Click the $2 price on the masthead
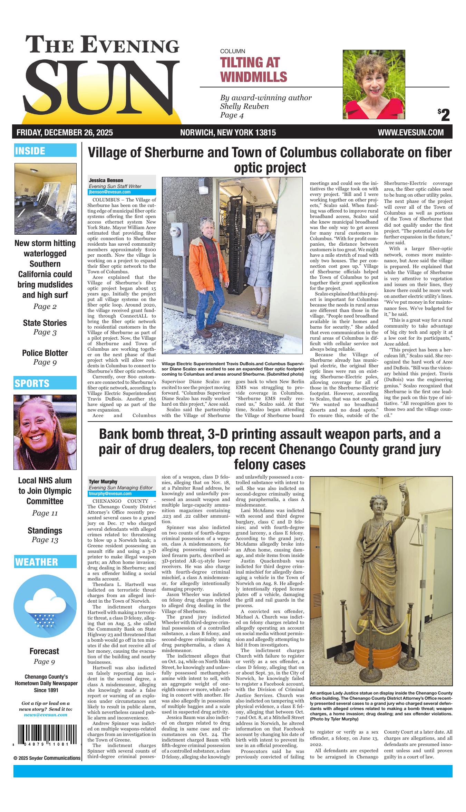(444, 115)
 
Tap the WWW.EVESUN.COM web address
(410, 132)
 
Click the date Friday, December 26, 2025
(65, 132)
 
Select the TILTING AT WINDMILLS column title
(253, 69)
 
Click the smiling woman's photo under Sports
(45, 432)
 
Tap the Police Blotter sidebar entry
(45, 353)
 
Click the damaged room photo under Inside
(45, 199)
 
